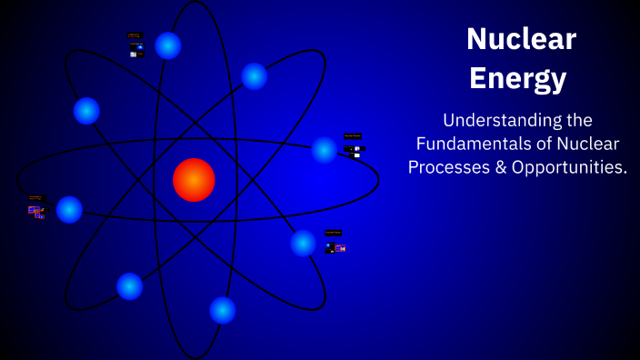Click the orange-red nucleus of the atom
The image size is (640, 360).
click(x=194, y=179)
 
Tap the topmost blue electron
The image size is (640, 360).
click(x=168, y=45)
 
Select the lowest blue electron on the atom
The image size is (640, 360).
click(x=223, y=310)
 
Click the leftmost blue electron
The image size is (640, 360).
click(x=69, y=209)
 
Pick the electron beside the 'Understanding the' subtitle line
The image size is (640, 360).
click(x=325, y=149)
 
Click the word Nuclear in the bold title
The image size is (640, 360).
click(x=521, y=38)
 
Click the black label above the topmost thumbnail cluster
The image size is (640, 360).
click(x=135, y=35)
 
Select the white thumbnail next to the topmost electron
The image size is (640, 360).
click(x=133, y=55)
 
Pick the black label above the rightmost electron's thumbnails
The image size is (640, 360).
click(x=353, y=136)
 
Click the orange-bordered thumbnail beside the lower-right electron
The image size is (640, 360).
click(x=340, y=247)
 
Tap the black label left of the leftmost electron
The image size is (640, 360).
click(x=35, y=197)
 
